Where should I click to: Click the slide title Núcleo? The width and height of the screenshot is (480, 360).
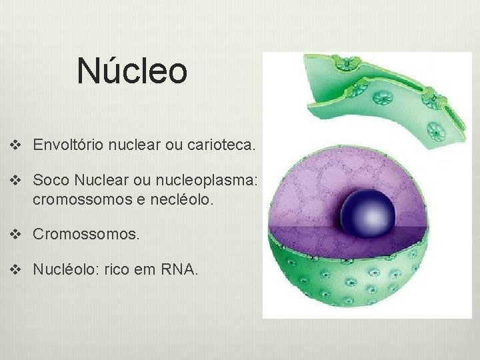pos(131,71)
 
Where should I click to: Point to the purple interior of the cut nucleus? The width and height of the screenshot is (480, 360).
pos(313,193)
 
